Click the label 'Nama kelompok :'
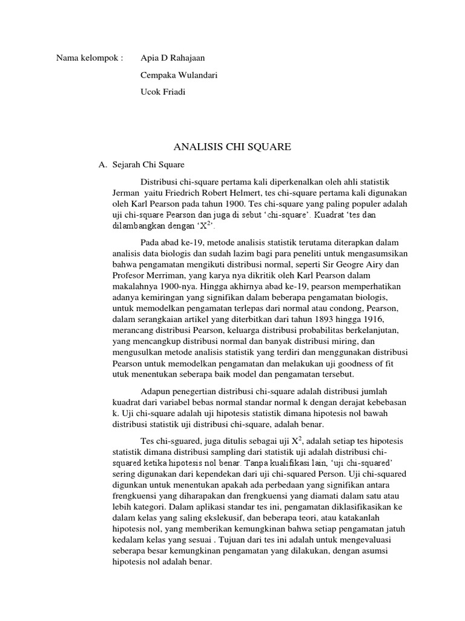click(90, 59)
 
